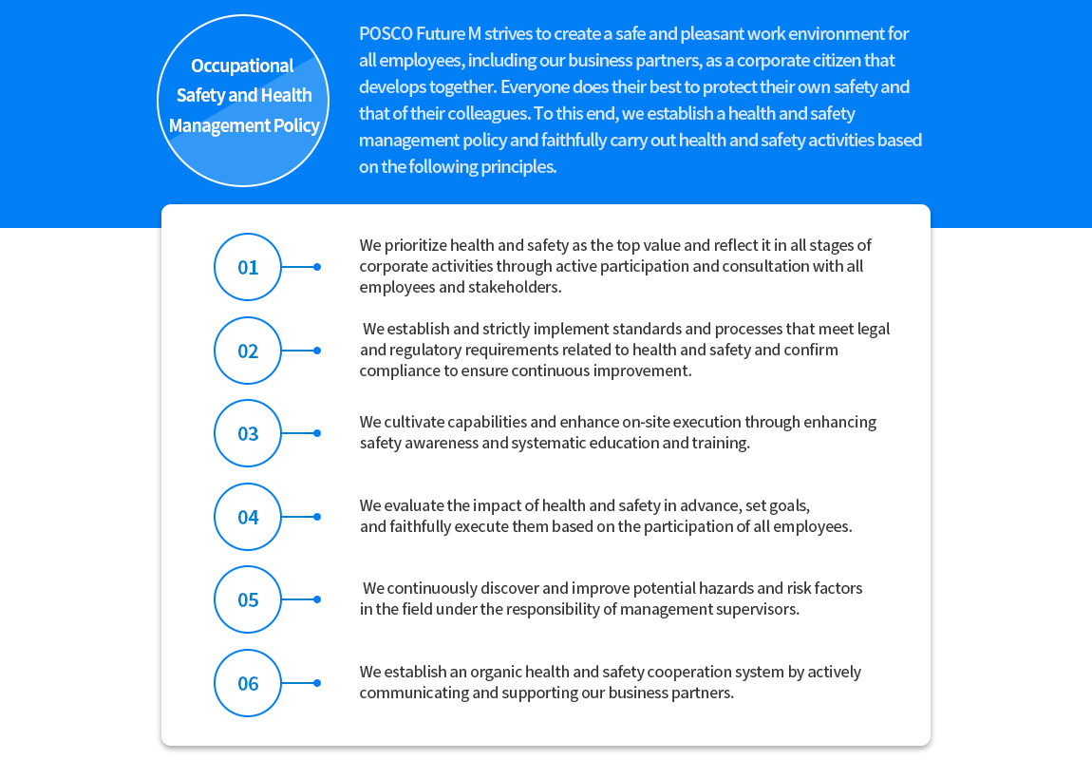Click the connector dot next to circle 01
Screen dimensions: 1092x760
[317, 267]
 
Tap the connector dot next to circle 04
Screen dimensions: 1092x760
[317, 517]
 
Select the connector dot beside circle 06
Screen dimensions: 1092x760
[317, 683]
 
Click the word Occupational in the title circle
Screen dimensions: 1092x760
[242, 66]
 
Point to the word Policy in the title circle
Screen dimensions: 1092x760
[296, 126]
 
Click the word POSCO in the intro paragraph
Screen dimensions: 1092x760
[386, 33]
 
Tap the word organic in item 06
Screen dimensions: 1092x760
[495, 673]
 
